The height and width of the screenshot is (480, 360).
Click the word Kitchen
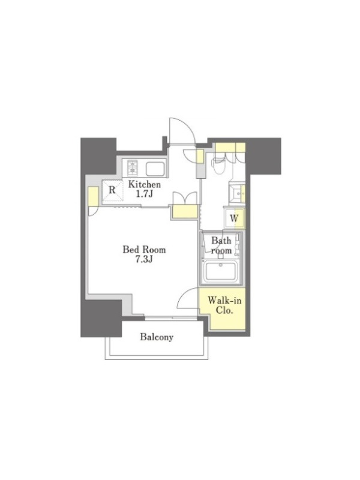pyautogui.click(x=144, y=185)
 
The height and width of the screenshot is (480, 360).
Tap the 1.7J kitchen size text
pyautogui.click(x=145, y=194)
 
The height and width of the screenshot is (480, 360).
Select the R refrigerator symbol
pyautogui.click(x=112, y=190)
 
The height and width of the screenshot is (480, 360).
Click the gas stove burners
pyautogui.click(x=132, y=167)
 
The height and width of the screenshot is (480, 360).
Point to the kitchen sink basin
pyautogui.click(x=156, y=169)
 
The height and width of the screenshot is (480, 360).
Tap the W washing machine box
pyautogui.click(x=234, y=218)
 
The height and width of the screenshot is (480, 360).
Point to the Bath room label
pyautogui.click(x=221, y=245)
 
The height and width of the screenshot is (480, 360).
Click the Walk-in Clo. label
pyautogui.click(x=224, y=305)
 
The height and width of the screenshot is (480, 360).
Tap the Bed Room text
pyautogui.click(x=144, y=250)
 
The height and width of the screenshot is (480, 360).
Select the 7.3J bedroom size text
pyautogui.click(x=144, y=260)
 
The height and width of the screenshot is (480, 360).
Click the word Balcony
pyautogui.click(x=157, y=337)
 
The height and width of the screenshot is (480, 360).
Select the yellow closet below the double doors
pyautogui.click(x=185, y=211)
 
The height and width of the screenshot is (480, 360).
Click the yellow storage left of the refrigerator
pyautogui.click(x=93, y=196)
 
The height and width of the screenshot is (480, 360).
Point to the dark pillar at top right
pyautogui.click(x=263, y=155)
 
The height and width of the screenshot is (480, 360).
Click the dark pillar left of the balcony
pyautogui.click(x=101, y=319)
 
